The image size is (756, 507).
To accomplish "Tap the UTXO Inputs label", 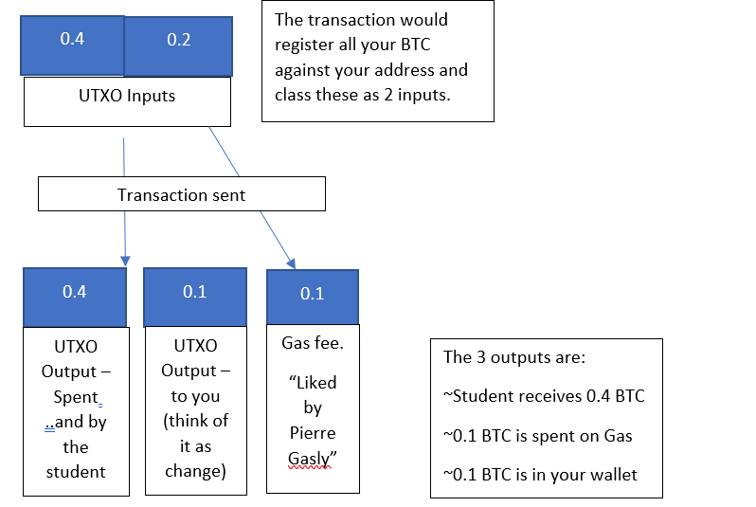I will (x=127, y=96).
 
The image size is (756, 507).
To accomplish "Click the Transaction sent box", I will (x=181, y=195).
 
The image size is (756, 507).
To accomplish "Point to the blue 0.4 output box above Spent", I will (x=75, y=292).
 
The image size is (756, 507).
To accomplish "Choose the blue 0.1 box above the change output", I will (x=194, y=292).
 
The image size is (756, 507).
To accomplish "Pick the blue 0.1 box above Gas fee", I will (x=313, y=294).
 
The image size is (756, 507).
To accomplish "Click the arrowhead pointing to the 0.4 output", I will (x=125, y=259).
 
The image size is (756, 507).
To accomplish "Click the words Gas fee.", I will (x=313, y=343).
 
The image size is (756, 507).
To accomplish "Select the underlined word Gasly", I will (x=313, y=458).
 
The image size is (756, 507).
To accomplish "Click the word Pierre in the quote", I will (x=313, y=433).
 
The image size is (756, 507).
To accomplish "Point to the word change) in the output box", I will (x=194, y=471).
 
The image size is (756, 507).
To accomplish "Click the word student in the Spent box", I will (x=75, y=471).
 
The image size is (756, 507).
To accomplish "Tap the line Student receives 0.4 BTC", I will (x=544, y=396).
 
